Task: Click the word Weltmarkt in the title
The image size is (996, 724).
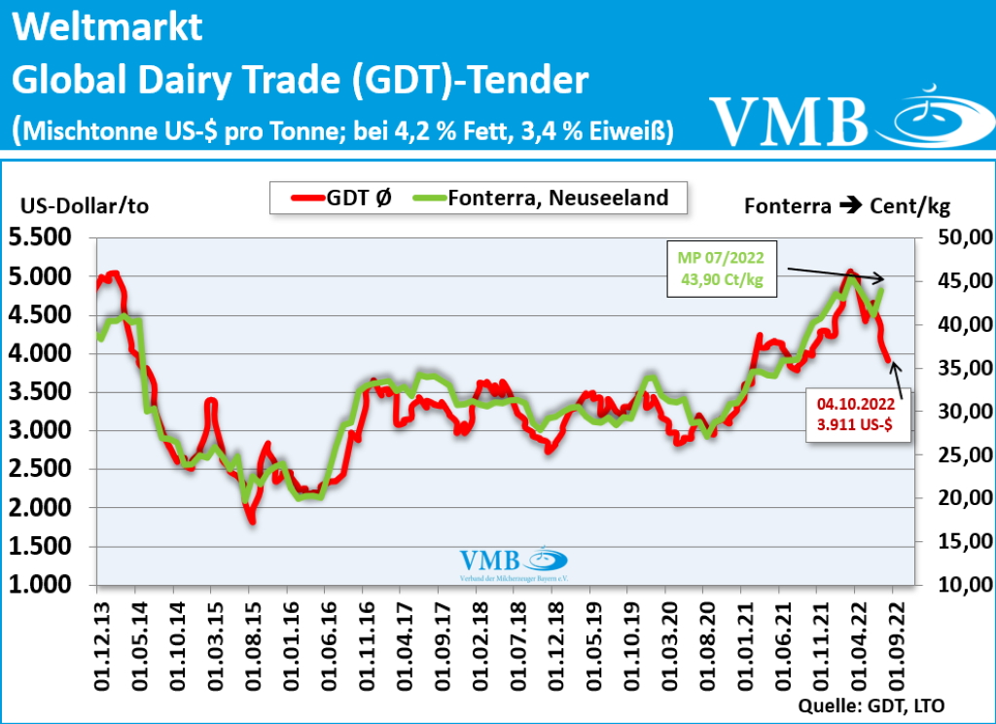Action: click(107, 27)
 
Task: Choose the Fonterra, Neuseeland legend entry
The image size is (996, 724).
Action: click(540, 199)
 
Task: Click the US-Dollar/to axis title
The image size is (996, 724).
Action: click(85, 205)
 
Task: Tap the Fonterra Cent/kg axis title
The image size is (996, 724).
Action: click(846, 205)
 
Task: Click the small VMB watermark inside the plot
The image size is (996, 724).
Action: click(513, 563)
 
